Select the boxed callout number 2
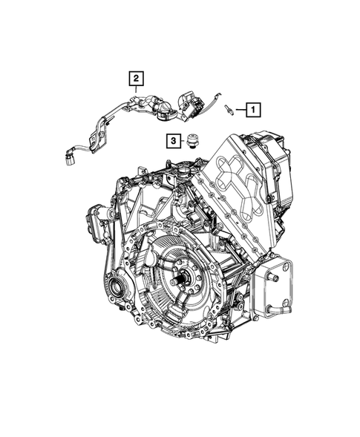tap(136, 76)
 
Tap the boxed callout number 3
tap(172, 139)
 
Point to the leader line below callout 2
tap(136, 89)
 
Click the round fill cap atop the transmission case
tap(180, 168)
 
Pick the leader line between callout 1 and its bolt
tap(241, 110)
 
